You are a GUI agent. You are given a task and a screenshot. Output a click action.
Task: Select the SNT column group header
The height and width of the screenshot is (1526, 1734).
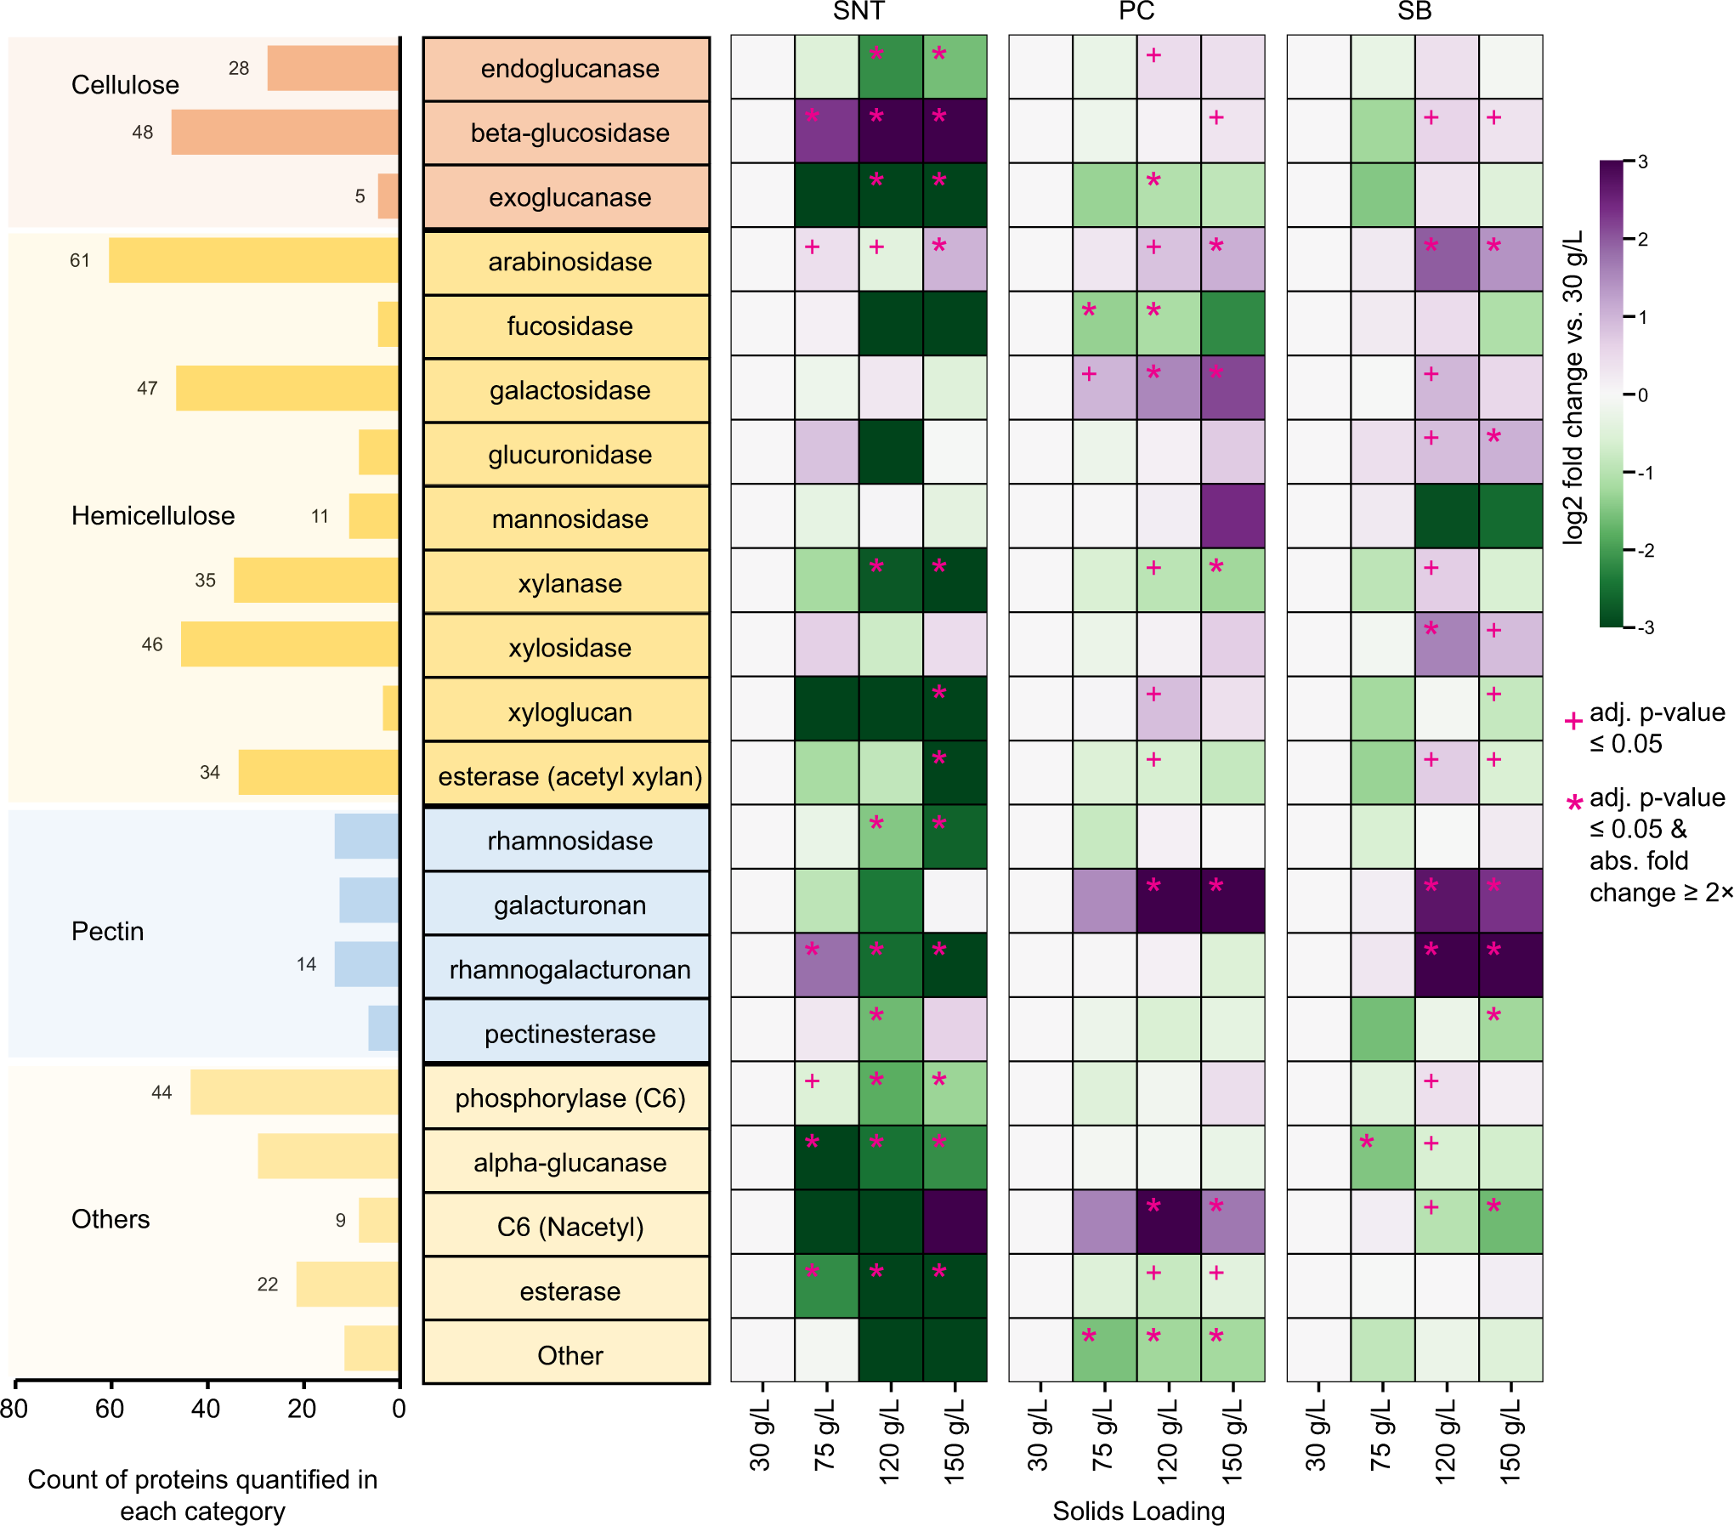[858, 11]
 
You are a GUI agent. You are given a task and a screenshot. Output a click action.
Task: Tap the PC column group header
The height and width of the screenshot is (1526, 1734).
[1136, 11]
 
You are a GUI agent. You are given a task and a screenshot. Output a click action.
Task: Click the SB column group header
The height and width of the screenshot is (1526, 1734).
[1414, 11]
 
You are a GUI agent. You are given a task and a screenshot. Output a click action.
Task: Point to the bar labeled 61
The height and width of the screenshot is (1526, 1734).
[253, 260]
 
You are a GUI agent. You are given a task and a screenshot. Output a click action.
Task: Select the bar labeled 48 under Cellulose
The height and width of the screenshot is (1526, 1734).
[285, 132]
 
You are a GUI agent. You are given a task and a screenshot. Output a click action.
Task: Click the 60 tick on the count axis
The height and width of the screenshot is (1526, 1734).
[110, 1410]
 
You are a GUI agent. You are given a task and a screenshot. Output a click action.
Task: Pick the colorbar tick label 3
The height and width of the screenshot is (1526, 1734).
[1642, 162]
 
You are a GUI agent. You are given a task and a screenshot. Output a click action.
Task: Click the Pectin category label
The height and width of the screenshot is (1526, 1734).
[107, 932]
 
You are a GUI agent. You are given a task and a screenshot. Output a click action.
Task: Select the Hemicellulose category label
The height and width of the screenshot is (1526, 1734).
[153, 516]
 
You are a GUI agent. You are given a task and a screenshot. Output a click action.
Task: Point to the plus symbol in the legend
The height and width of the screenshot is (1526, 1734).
[1573, 721]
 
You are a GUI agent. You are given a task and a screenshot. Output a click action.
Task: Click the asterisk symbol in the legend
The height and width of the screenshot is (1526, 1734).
[1574, 803]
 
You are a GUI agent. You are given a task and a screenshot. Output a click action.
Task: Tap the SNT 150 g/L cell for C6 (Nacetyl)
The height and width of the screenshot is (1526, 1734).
[955, 1222]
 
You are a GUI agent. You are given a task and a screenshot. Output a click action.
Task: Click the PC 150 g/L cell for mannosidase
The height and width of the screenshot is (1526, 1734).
[1233, 516]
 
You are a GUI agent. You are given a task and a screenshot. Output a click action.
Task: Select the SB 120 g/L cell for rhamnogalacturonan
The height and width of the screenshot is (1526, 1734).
[1447, 965]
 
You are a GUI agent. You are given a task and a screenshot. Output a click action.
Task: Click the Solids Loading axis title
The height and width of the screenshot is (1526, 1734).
[1138, 1511]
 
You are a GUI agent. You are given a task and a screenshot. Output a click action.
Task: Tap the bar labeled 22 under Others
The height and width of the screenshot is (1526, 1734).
[347, 1284]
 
